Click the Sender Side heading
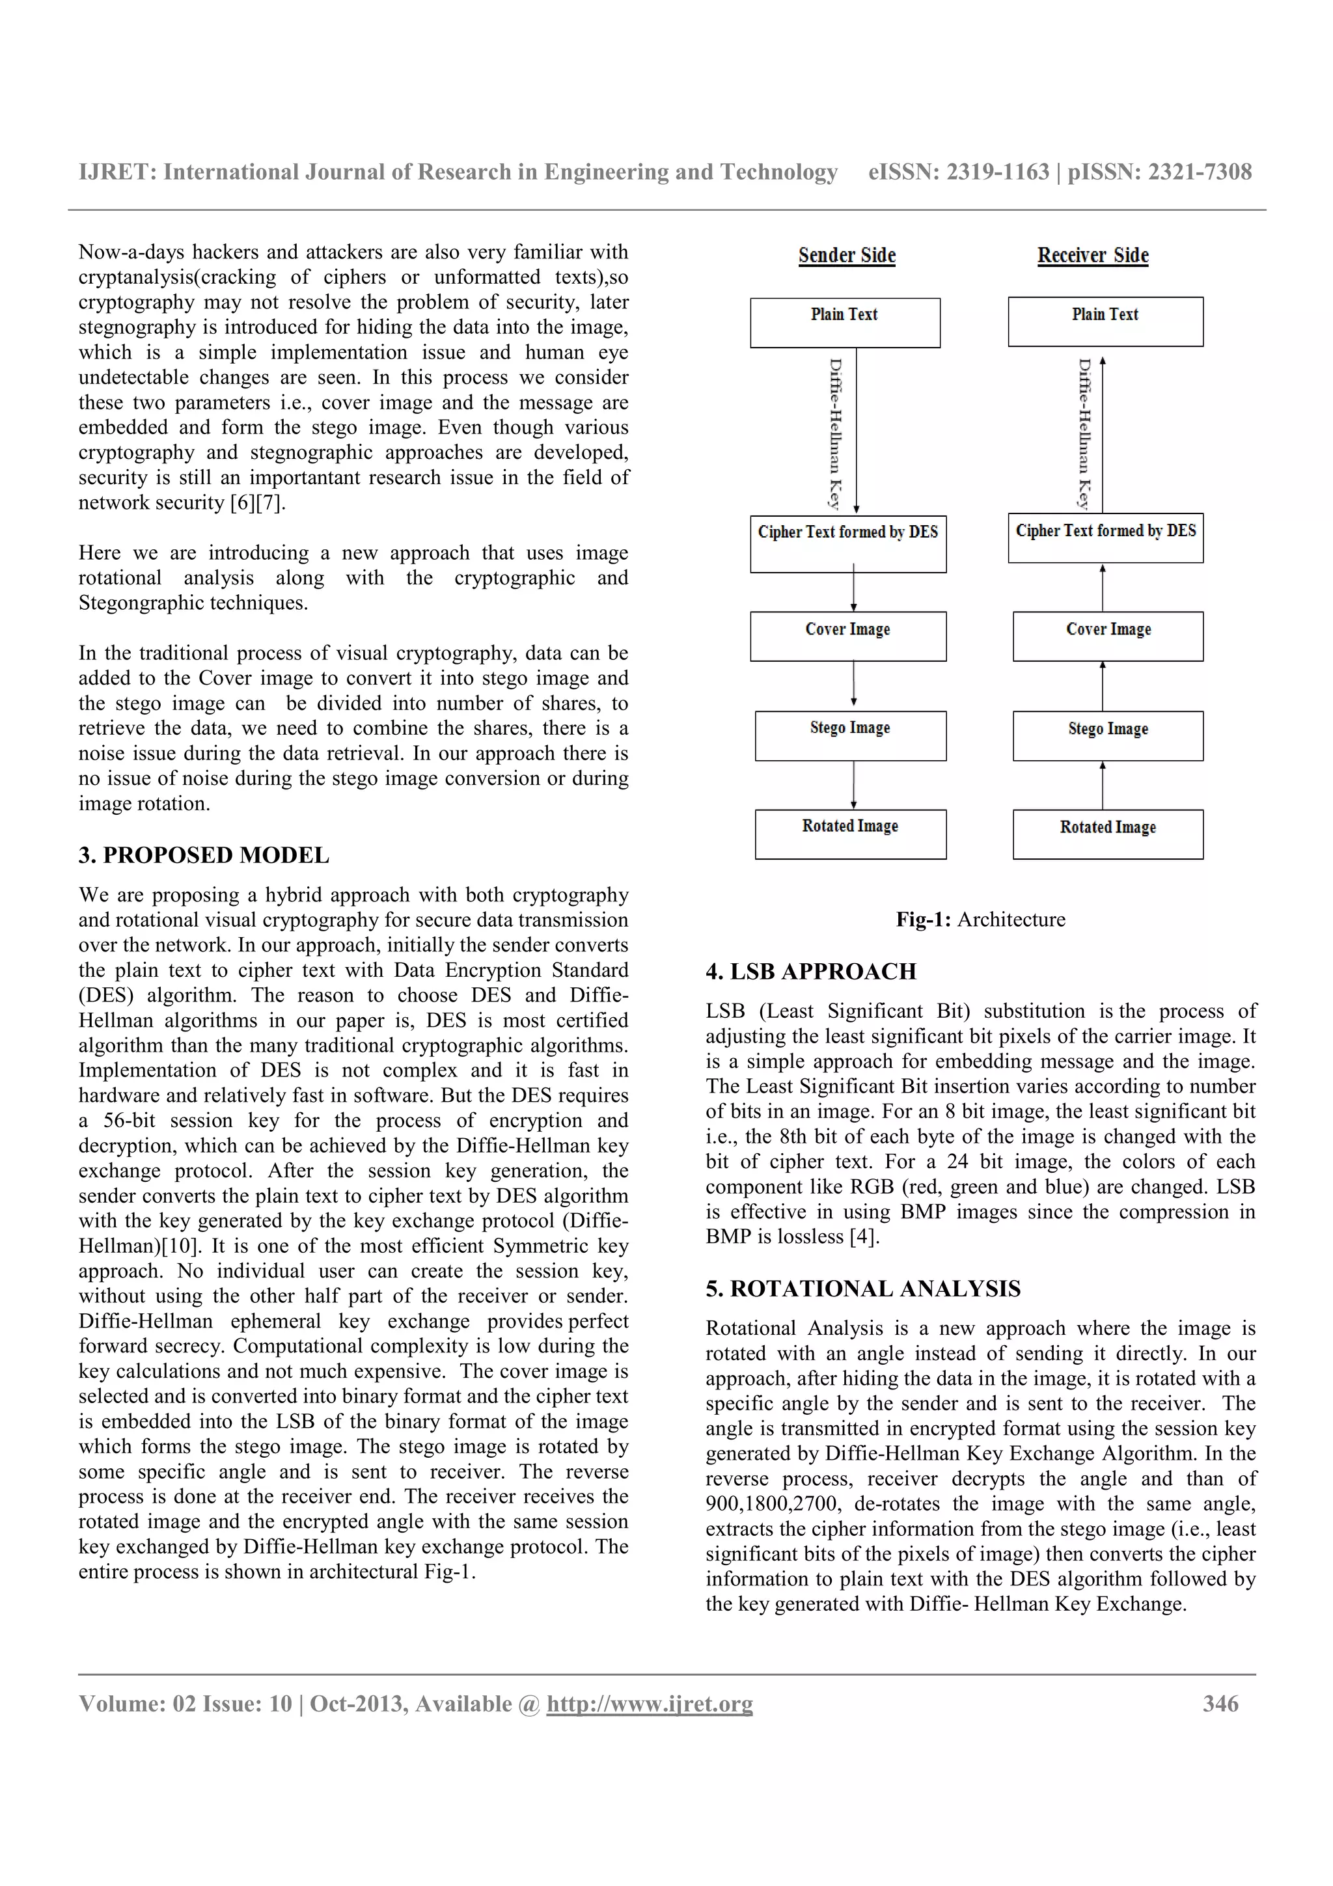coord(847,256)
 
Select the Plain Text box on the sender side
coord(844,323)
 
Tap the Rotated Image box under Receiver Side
coord(1107,834)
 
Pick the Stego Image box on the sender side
coord(850,736)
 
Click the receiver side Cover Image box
coord(1107,636)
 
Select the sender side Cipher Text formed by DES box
coord(847,544)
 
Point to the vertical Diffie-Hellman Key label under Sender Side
coord(834,433)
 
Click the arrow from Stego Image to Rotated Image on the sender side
coord(854,786)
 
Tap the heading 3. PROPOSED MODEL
coord(204,855)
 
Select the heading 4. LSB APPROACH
coord(810,971)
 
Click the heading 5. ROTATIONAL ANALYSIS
coord(862,1288)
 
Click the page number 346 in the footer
coord(1220,1704)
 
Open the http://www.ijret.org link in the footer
coord(649,1704)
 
